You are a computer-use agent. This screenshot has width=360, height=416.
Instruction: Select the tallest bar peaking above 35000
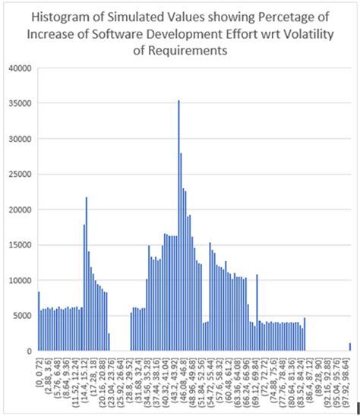coord(178,228)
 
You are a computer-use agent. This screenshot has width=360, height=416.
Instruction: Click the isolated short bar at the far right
coord(350,347)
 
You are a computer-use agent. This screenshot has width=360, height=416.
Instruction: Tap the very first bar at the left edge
coord(38,323)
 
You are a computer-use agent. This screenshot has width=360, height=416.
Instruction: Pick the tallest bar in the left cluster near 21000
coord(87,273)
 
